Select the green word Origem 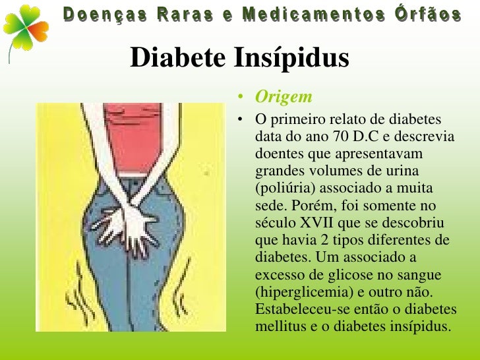(284, 97)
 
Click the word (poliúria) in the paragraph (282, 188)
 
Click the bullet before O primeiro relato (243, 120)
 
